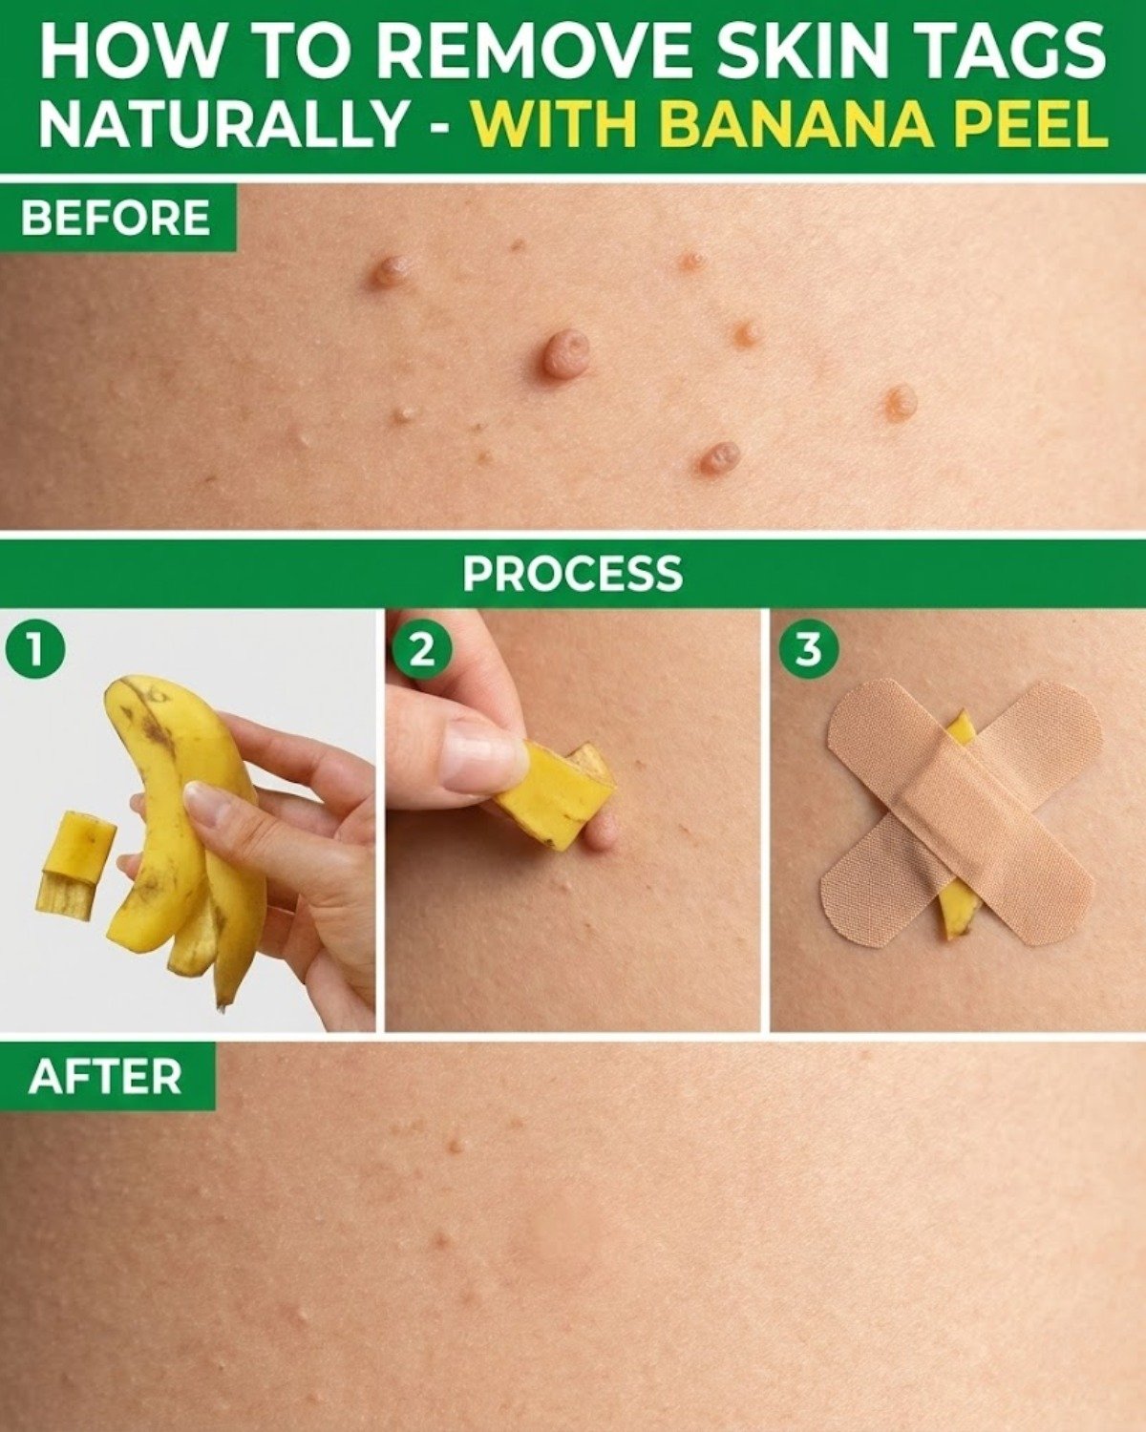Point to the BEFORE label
click(116, 218)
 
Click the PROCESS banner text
click(573, 574)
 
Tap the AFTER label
click(105, 1077)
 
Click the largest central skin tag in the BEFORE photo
click(565, 354)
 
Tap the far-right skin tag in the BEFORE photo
click(900, 404)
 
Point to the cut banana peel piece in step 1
click(74, 864)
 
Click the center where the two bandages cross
click(958, 811)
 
